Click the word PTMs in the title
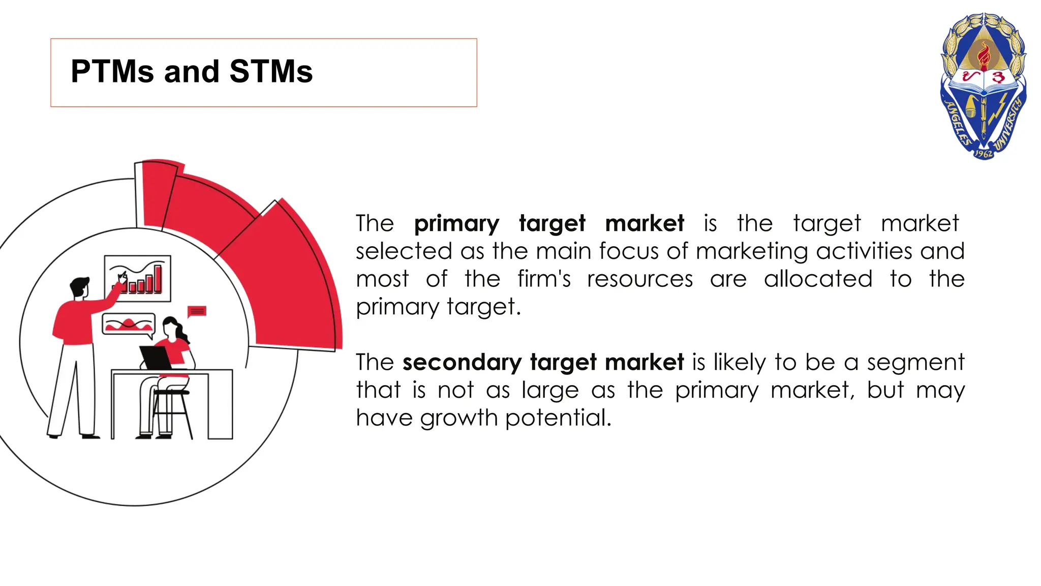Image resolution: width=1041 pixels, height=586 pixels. [x=112, y=71]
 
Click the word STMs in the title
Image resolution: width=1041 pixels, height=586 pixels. [x=271, y=71]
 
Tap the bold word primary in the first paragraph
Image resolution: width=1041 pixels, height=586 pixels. [x=456, y=224]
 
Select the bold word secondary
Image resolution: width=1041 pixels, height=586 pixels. [x=462, y=363]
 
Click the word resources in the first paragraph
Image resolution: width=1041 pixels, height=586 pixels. [x=639, y=279]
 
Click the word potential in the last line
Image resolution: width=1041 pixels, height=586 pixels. [x=558, y=418]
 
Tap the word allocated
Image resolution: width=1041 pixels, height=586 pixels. [x=818, y=279]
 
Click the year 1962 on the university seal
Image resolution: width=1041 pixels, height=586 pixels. [x=983, y=153]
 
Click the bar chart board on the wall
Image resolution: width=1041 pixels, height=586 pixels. [x=138, y=278]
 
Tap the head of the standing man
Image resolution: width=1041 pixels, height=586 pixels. [x=79, y=287]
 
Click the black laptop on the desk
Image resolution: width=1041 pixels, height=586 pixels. [x=156, y=358]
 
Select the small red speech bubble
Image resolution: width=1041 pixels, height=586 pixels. [x=197, y=311]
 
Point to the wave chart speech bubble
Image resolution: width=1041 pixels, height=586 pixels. [x=128, y=324]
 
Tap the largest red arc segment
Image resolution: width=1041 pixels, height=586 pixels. [x=290, y=285]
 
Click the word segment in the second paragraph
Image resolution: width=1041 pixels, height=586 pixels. [x=915, y=363]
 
